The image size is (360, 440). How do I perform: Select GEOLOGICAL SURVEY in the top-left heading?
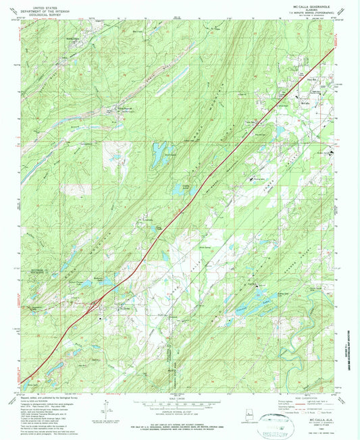(57, 17)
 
